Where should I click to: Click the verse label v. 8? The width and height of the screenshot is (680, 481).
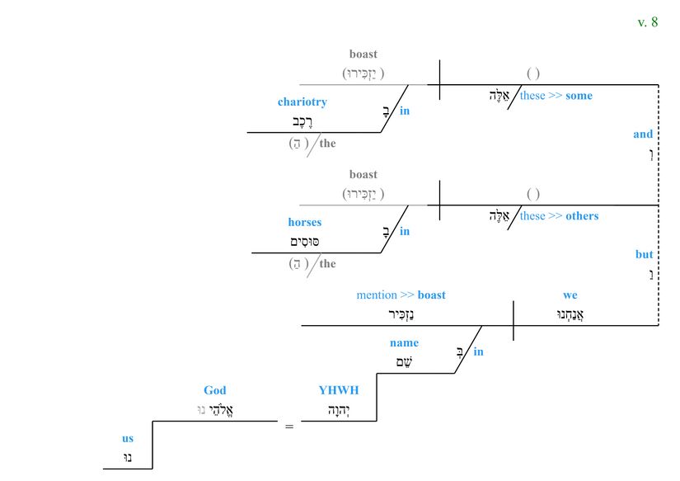coord(648,22)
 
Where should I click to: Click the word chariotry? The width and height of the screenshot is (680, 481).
coord(302,102)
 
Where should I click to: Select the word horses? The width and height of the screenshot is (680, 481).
coord(304,222)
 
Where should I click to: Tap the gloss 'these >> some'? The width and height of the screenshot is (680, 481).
coord(556,96)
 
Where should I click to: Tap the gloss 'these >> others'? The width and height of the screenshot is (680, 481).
coord(559,216)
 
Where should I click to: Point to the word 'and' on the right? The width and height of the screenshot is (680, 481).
coord(643,134)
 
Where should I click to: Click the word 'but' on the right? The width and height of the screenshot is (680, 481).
coord(644,255)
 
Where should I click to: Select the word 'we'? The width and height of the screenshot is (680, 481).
coord(570,295)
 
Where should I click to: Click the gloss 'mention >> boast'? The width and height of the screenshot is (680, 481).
coord(401,295)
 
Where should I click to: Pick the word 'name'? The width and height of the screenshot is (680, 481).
coord(404,343)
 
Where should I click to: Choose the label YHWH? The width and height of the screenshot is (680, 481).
coord(339,390)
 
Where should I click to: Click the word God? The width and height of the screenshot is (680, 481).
coord(214,390)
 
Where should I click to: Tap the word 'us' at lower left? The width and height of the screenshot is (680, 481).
coord(128,439)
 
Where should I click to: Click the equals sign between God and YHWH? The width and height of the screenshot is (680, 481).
coord(289,427)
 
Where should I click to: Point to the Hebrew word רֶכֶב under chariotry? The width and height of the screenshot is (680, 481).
coord(303,121)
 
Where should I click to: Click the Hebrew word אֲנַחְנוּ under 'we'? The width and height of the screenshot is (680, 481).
coord(570,314)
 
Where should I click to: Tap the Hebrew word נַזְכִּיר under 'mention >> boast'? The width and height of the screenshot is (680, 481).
coord(401,314)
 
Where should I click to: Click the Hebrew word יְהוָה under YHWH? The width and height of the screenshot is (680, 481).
coord(338,409)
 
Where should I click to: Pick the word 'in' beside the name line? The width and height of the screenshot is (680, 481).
coord(478,352)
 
